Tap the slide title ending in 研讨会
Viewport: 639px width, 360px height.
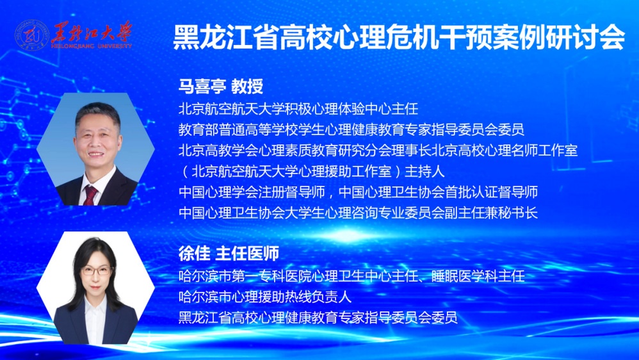coord(398,38)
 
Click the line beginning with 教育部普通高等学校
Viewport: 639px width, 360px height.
coord(351,130)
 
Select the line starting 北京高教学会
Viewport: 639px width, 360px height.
coord(378,151)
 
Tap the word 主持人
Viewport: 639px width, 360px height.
coord(425,171)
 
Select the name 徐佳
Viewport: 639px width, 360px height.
coord(194,254)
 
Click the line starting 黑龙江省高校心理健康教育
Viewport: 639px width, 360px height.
coord(318,317)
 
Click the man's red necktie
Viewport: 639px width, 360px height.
coord(90,194)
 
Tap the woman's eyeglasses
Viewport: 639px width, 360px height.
coord(97,271)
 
